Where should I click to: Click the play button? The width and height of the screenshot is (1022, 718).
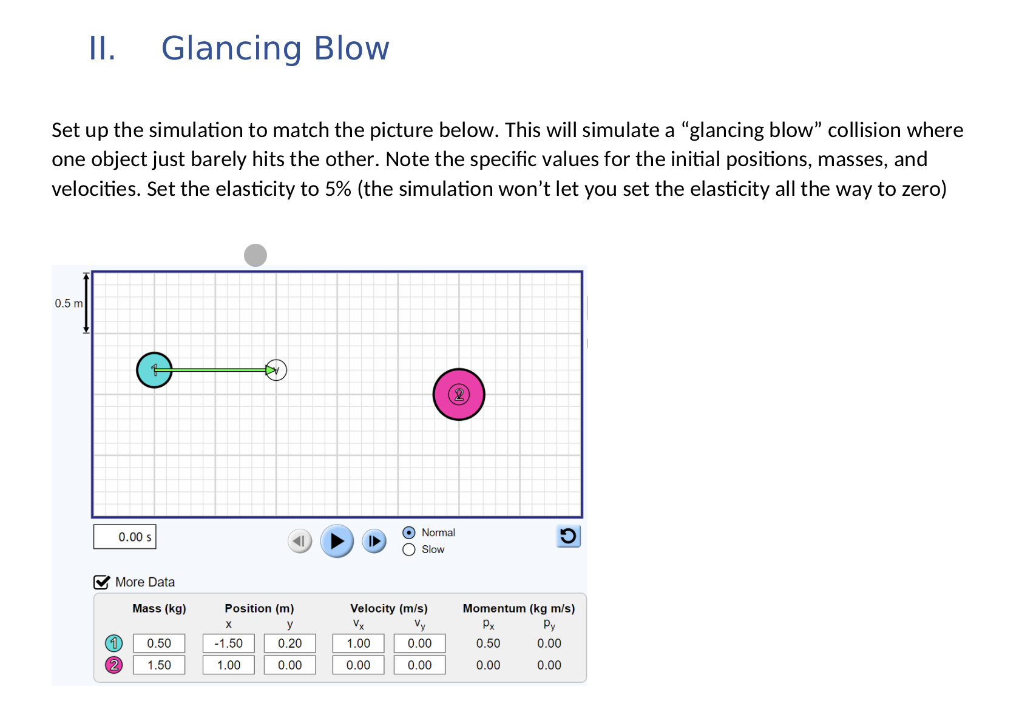coord(337,541)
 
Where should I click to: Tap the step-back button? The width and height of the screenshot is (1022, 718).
coord(300,541)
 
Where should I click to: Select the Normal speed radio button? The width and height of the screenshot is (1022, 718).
coord(409,532)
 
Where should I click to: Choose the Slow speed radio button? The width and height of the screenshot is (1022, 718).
coord(409,549)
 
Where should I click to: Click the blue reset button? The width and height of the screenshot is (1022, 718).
coord(568,536)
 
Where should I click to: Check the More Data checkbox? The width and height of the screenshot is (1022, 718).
coord(101,582)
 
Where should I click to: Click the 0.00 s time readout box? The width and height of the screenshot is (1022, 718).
coord(125,537)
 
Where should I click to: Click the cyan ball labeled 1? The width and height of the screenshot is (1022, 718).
coord(154,370)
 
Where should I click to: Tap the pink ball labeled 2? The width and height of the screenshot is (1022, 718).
coord(459,395)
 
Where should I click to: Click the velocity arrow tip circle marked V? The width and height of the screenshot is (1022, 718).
coord(276,370)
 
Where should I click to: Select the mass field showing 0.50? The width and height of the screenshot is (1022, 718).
coord(159,643)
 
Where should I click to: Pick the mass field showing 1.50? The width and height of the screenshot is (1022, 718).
coord(159,665)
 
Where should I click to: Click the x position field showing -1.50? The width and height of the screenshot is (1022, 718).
coord(229,643)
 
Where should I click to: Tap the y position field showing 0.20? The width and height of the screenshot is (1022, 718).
coord(290,643)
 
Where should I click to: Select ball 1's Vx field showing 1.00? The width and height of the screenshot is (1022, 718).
coord(359,643)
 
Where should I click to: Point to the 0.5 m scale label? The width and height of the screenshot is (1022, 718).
coord(69,303)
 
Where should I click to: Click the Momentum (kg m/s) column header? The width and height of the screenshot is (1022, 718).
coord(519,608)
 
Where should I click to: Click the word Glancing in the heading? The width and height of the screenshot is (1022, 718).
coord(231,49)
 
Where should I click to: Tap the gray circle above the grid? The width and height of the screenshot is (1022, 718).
coord(255,255)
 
